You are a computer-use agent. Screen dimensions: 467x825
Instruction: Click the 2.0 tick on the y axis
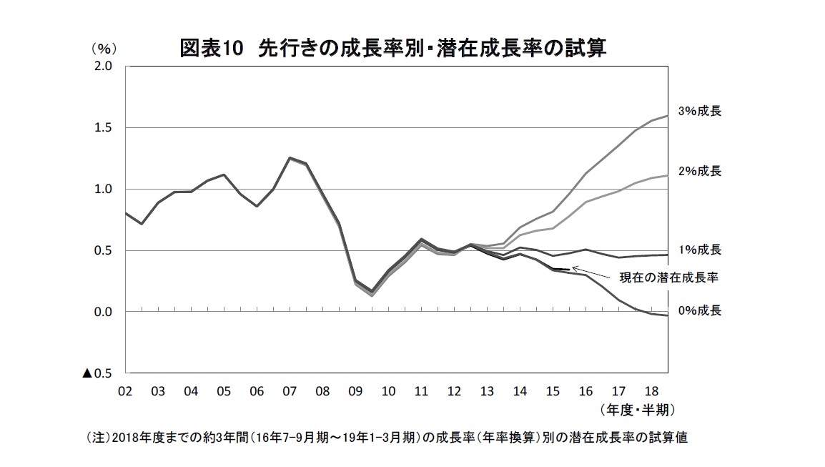104,67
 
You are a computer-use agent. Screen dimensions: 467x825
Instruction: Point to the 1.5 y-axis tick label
104,128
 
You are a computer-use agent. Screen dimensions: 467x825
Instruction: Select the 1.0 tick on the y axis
104,190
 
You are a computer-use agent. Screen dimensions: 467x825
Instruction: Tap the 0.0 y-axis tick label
104,313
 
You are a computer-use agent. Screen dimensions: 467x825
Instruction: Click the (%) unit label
103,49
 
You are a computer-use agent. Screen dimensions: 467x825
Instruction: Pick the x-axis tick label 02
125,391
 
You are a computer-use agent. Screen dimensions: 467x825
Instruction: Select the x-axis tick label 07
290,391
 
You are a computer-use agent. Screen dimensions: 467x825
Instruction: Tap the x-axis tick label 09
355,391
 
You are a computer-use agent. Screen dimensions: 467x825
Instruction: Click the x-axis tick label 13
487,391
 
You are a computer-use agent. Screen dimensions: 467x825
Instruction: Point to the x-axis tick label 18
651,391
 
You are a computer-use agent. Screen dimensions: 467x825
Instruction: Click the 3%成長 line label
700,112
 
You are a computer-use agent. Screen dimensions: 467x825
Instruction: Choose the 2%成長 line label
700,171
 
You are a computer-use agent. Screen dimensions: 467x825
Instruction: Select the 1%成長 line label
700,250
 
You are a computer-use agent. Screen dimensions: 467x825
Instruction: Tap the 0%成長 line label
700,310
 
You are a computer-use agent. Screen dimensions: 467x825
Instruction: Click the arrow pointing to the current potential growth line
588,272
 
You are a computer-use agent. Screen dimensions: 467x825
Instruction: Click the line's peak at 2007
290,158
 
